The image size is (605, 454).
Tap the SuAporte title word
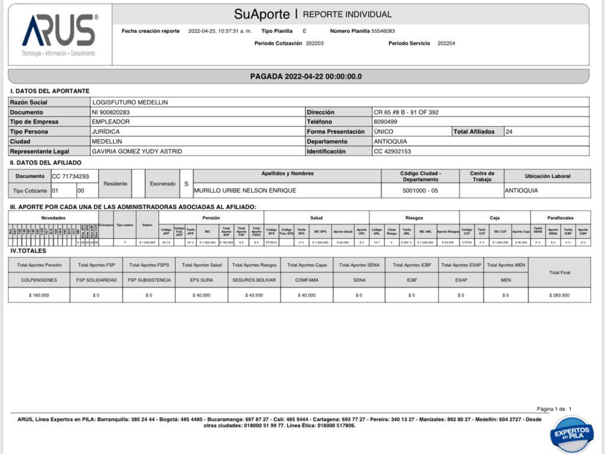(x=262, y=14)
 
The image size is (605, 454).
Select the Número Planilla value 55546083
(x=383, y=31)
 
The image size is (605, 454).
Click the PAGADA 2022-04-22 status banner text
(x=305, y=76)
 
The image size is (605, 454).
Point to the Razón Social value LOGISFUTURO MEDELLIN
(x=130, y=102)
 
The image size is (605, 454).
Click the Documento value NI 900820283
(x=110, y=112)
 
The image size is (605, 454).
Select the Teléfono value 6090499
(x=385, y=122)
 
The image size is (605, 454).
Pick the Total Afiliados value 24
(x=509, y=132)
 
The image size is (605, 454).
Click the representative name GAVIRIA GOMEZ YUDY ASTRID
(x=137, y=151)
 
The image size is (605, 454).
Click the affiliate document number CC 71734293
(x=70, y=176)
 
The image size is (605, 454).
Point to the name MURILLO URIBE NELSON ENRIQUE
(x=245, y=190)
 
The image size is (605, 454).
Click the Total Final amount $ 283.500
(x=559, y=295)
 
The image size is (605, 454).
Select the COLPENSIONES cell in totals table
(x=39, y=280)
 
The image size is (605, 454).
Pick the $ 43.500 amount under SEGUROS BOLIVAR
(x=254, y=295)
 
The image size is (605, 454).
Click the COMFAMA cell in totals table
(x=307, y=280)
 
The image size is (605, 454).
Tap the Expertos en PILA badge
(x=571, y=434)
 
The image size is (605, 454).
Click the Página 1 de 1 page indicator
(x=554, y=409)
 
